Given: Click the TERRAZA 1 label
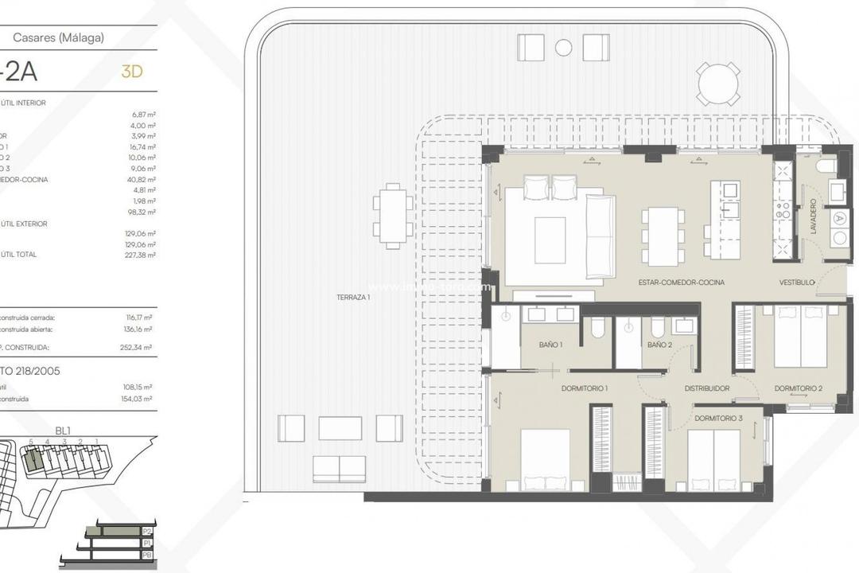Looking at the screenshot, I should [x=354, y=297].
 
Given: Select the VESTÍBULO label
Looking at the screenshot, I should [x=796, y=283].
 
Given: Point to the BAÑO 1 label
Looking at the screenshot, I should [x=550, y=345].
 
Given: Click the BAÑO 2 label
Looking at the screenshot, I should [x=659, y=345].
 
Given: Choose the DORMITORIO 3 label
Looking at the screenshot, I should [x=717, y=418].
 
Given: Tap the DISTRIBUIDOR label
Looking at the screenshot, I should [x=707, y=388].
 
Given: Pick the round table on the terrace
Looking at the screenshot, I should [x=718, y=83].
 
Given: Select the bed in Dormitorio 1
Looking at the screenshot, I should [x=545, y=459].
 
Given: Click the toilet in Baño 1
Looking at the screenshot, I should [x=598, y=327].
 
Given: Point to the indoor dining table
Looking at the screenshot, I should [x=663, y=236].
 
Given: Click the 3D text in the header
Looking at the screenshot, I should [x=131, y=72].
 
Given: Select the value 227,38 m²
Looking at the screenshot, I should [x=140, y=255].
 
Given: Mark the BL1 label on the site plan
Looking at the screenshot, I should [x=63, y=431].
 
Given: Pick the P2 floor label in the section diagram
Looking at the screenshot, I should [x=146, y=531].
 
